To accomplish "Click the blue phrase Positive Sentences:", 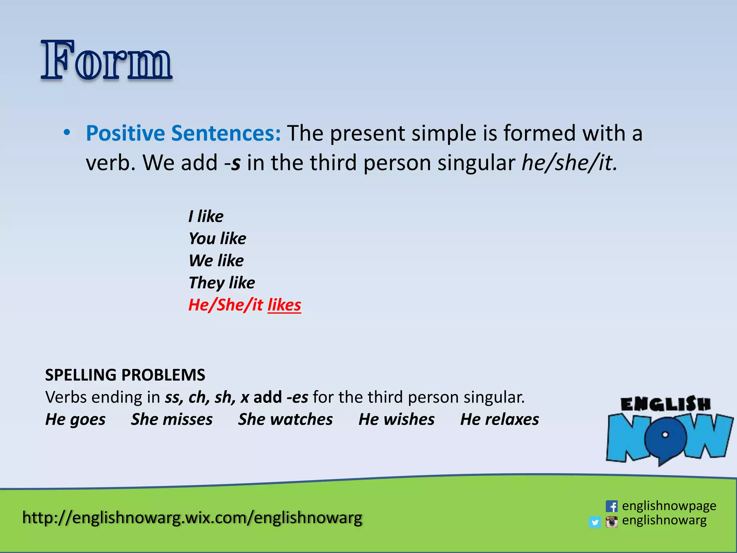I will click(183, 133).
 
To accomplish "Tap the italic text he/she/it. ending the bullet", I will click(569, 163).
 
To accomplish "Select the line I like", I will click(206, 216).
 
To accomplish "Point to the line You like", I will click(217, 239).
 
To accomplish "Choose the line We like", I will click(216, 261).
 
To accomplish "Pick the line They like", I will click(222, 283).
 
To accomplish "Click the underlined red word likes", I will click(284, 305).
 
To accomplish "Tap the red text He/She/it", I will click(226, 305).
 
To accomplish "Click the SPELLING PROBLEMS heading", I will click(125, 375).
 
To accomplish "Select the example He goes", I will click(75, 419).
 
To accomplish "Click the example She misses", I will click(172, 419).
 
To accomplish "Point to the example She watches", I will click(285, 419).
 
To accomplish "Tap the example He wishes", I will click(397, 419).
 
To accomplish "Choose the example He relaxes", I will click(499, 419).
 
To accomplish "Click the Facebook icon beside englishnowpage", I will click(611, 506).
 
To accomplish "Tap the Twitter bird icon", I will click(595, 522).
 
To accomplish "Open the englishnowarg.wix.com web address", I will click(192, 518).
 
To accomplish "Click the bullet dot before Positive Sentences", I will click(67, 132).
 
